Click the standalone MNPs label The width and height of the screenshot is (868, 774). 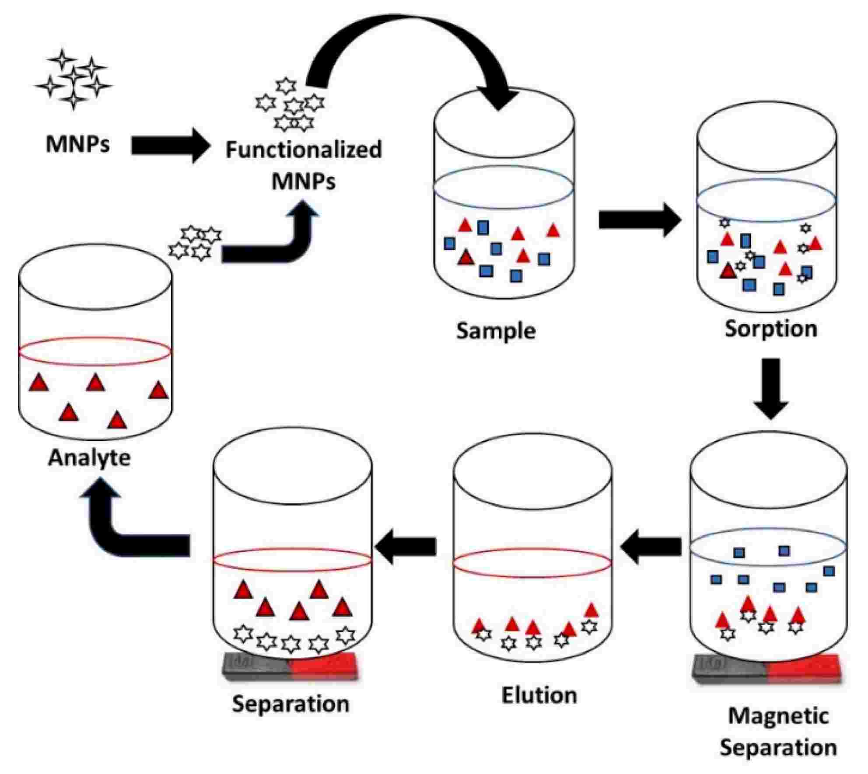tap(77, 144)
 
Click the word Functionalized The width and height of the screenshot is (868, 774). tap(304, 150)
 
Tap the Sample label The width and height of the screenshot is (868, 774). tap(496, 331)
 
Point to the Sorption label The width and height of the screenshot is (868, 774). tap(771, 328)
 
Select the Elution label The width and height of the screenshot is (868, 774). tap(539, 695)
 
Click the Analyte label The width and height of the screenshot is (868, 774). tap(89, 458)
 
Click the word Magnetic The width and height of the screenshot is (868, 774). tap(778, 716)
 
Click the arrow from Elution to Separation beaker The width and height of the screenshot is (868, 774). tap(406, 546)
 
